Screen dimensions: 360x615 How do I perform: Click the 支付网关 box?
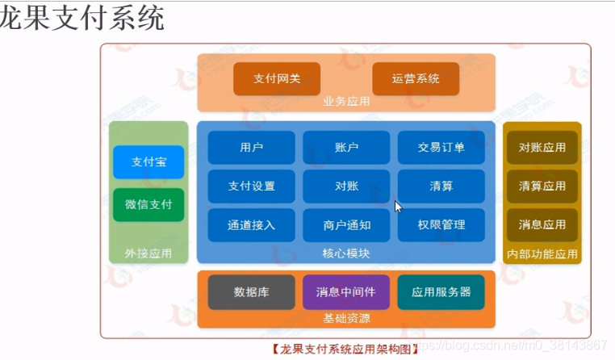276,78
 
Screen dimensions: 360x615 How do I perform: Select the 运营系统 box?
416,78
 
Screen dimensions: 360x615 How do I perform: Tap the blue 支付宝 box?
149,162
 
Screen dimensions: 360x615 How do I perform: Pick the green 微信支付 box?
149,204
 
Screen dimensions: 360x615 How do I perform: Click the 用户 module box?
252,147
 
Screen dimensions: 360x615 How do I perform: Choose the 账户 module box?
346,147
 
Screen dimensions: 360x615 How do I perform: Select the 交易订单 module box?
441,147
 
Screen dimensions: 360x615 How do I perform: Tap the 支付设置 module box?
252,186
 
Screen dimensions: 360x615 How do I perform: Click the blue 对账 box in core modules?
346,186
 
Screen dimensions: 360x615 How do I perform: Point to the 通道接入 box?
252,225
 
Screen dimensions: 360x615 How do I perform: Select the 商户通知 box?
346,225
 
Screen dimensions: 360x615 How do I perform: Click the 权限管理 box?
441,225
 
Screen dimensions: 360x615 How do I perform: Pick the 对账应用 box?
542,148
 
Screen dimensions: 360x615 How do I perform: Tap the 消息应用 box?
542,224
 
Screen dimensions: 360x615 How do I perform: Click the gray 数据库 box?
251,291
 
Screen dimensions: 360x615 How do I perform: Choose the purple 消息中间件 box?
345,291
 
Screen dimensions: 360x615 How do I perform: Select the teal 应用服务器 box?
441,291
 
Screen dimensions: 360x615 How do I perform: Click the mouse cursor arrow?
397,206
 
